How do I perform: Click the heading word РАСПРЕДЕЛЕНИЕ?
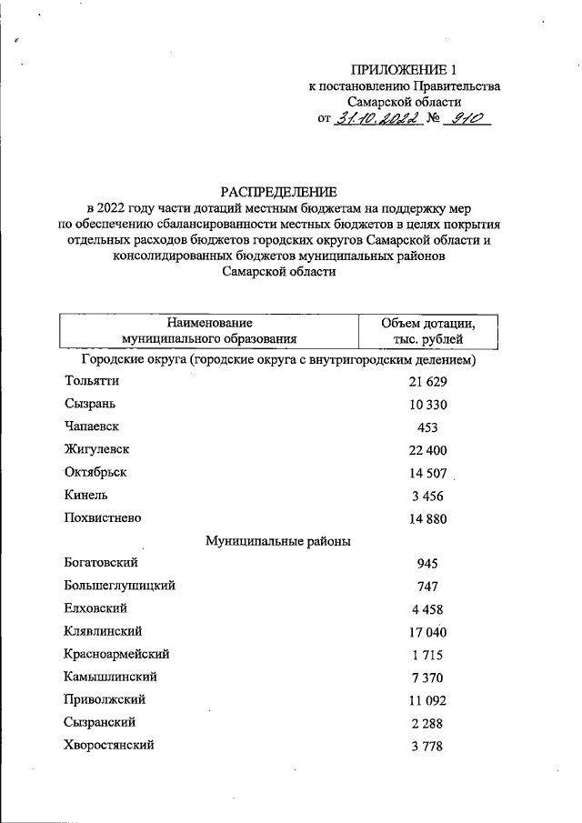(278, 192)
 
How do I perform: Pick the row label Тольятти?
(92, 380)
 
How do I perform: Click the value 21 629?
(428, 382)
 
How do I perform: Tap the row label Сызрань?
(90, 403)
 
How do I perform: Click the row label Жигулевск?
(97, 449)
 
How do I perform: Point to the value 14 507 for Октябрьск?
(428, 473)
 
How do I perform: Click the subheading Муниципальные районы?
(278, 541)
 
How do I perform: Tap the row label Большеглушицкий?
(120, 587)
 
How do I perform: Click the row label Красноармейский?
(117, 654)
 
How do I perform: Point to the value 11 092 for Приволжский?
(428, 701)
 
